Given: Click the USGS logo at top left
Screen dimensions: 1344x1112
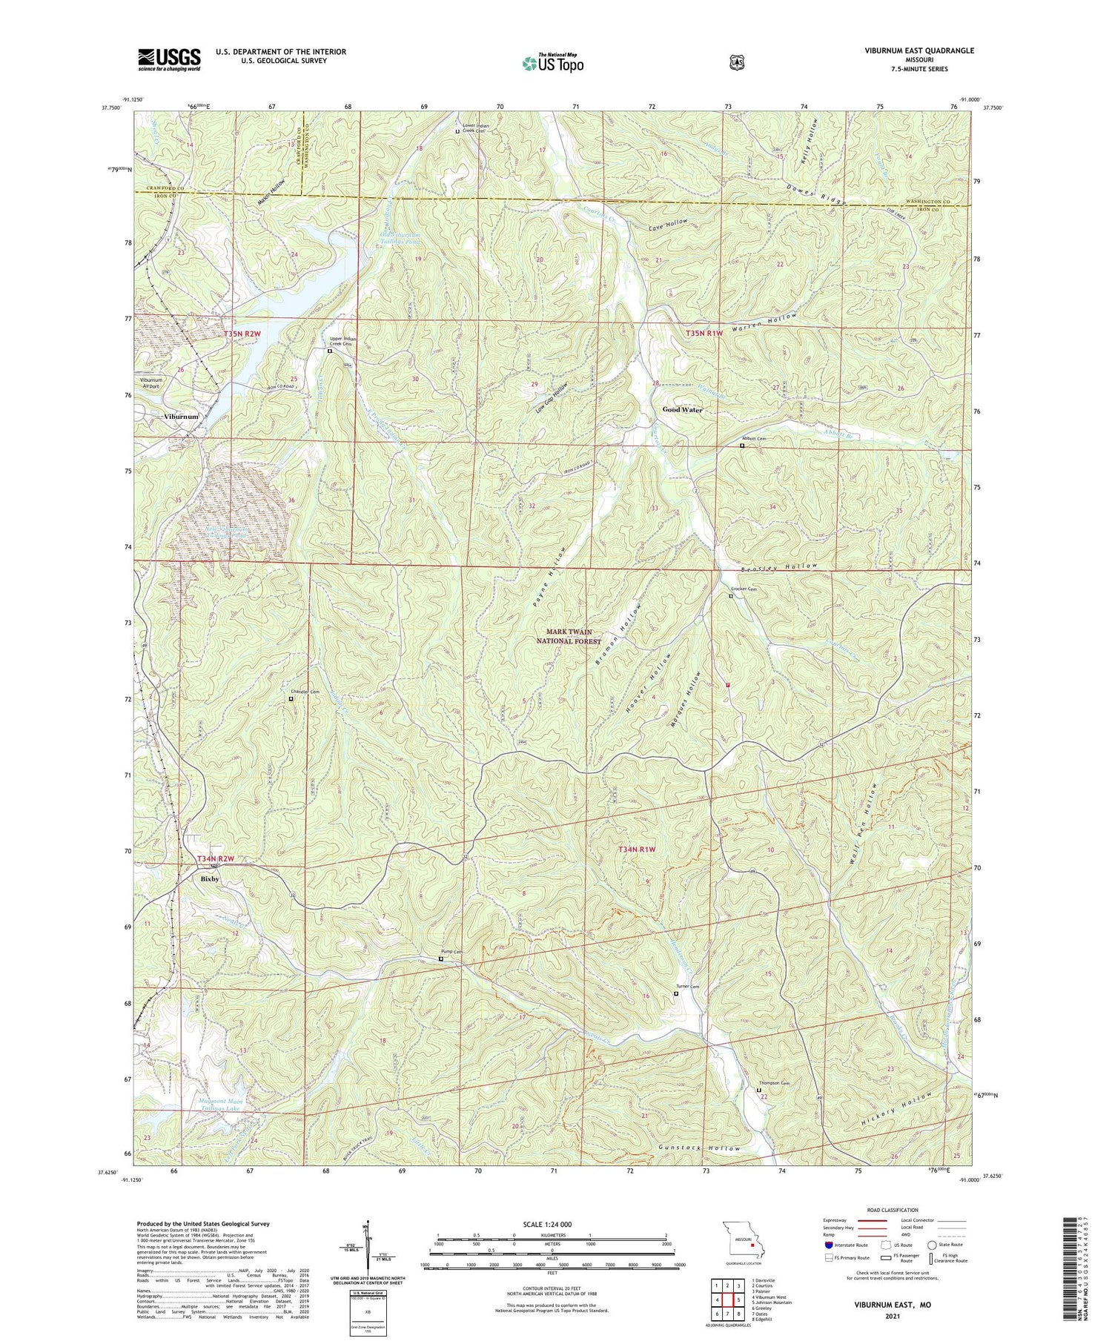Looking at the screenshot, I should (169, 59).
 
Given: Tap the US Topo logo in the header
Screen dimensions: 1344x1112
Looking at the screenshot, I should (553, 63).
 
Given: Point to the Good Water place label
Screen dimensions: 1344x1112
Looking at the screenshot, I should (682, 409).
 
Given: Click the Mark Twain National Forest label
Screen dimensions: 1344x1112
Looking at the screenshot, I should (569, 636).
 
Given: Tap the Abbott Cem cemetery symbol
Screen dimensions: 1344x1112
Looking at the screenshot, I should (742, 446).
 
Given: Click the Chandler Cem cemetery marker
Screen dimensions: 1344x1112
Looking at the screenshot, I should (291, 698).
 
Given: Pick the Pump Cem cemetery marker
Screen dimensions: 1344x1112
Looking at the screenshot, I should (441, 959).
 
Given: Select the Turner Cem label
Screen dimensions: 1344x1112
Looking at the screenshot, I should (687, 987).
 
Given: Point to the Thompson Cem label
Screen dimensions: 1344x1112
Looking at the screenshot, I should (769, 1083).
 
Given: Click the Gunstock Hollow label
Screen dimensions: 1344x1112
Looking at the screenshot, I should (699, 1148).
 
